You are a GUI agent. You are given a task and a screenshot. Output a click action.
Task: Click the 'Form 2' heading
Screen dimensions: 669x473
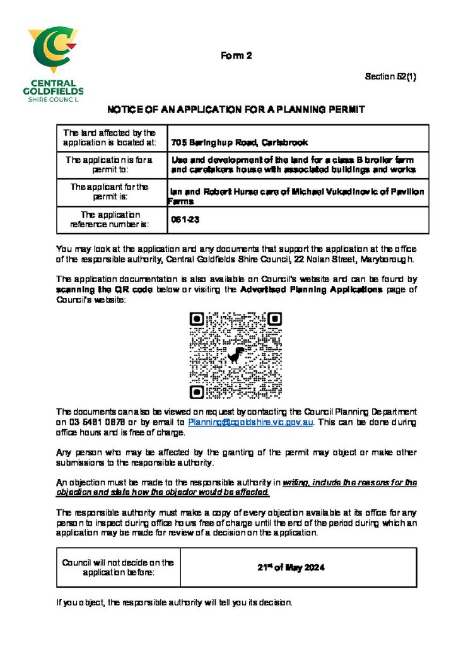(x=236, y=56)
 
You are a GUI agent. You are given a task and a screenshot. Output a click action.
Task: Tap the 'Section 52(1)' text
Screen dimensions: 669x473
(x=390, y=77)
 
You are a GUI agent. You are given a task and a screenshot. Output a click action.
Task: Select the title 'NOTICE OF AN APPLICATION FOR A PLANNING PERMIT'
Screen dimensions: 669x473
(x=236, y=110)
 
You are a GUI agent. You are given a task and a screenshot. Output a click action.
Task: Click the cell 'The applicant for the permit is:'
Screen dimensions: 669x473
(x=109, y=192)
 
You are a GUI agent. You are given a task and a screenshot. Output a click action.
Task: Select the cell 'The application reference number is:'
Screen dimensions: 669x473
(x=109, y=220)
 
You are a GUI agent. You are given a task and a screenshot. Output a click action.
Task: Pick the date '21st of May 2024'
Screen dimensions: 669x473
(x=291, y=567)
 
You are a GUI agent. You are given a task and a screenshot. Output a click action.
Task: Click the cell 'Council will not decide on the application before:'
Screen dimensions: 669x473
(x=118, y=567)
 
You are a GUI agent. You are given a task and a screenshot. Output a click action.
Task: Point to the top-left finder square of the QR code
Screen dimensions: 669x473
(x=197, y=319)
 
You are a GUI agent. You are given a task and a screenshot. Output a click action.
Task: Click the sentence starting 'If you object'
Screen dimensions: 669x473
(x=174, y=603)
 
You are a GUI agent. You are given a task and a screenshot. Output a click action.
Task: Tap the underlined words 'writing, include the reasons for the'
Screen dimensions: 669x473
(x=349, y=482)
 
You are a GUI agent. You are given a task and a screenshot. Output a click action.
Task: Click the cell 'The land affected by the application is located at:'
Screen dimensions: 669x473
(x=109, y=138)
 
